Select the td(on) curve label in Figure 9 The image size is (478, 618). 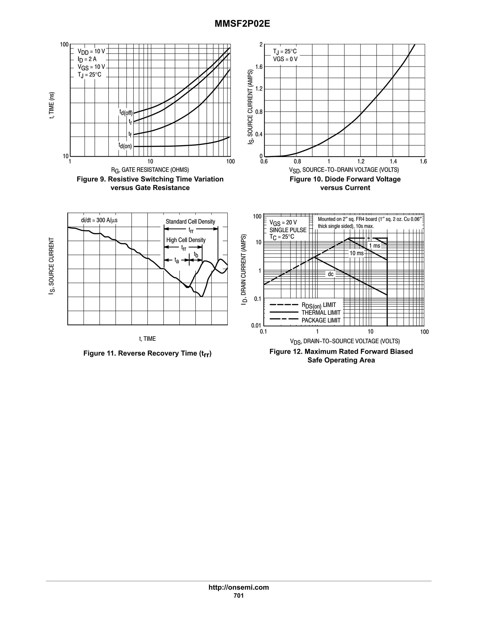125,146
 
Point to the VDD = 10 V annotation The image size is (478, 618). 91,51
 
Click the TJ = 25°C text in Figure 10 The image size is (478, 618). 285,51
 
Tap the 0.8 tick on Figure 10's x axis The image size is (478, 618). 297,162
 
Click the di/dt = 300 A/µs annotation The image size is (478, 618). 99,220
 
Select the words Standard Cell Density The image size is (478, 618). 190,222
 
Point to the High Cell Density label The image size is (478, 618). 186,240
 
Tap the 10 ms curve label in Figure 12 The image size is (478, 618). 356,253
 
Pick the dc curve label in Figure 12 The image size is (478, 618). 330,274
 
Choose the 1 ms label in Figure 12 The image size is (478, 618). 374,246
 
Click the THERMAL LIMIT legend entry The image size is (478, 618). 321,312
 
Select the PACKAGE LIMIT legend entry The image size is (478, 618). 321,320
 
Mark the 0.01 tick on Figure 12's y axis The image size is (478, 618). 256,325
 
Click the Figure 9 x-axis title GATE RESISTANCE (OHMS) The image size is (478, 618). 150,170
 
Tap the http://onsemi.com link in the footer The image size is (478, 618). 239,587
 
